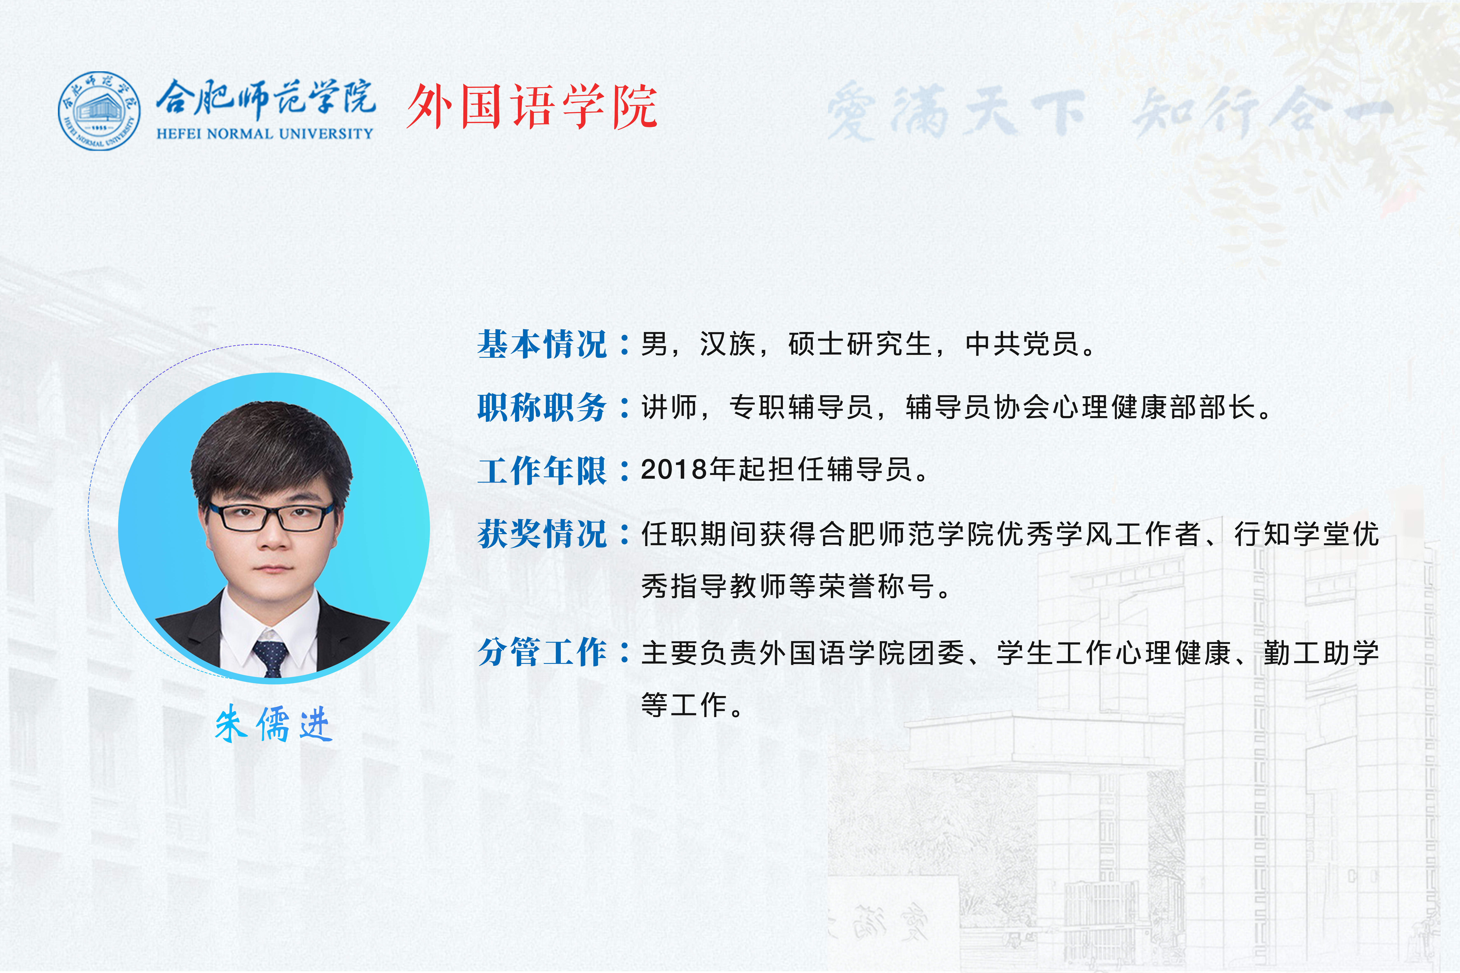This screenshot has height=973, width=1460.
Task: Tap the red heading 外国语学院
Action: click(532, 107)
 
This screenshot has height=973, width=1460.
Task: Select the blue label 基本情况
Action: click(542, 344)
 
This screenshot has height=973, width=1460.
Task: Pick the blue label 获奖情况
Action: click(542, 534)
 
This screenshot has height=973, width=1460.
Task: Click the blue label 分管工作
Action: click(542, 652)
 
